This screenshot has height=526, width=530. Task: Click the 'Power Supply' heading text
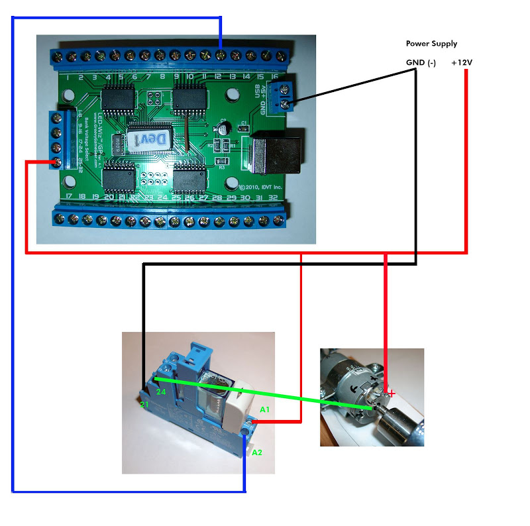(431, 44)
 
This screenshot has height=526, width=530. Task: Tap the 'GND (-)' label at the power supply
(421, 63)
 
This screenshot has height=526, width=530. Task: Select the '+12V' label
(462, 63)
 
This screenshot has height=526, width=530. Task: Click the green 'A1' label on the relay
(264, 409)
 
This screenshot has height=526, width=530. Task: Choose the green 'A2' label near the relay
(258, 452)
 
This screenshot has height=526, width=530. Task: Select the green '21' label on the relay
(144, 404)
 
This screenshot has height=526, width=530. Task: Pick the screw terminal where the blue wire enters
(221, 53)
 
